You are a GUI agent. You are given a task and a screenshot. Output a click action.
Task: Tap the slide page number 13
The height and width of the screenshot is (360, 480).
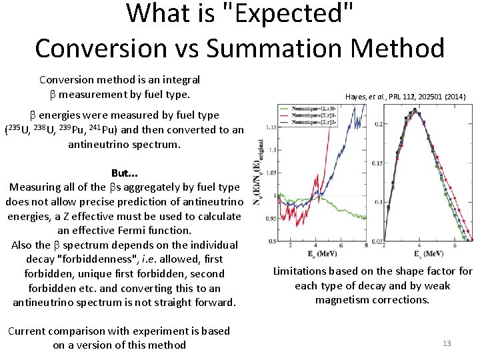pyautogui.click(x=447, y=343)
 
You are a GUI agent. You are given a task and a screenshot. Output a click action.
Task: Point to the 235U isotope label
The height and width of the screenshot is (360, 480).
pyautogui.click(x=17, y=129)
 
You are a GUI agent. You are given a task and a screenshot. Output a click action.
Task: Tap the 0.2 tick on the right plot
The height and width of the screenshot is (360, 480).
pyautogui.click(x=379, y=124)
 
